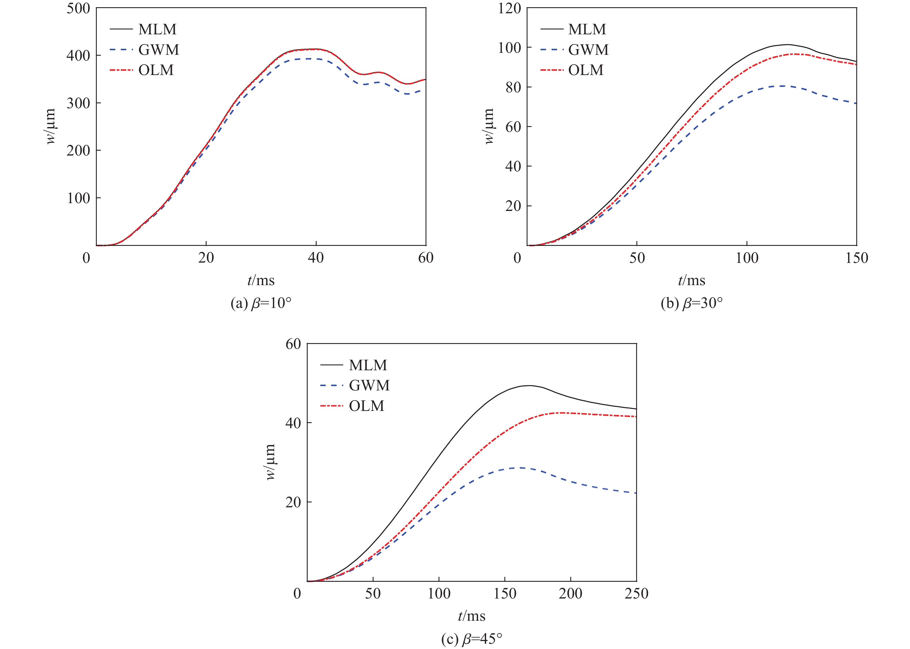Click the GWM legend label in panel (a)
click(x=158, y=50)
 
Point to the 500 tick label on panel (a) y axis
click(x=78, y=8)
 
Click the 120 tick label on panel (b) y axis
click(x=509, y=8)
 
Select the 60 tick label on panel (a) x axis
click(x=426, y=258)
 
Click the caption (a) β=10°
click(x=261, y=303)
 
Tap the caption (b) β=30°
click(x=692, y=303)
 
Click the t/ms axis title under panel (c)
click(x=471, y=616)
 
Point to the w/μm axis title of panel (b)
click(x=489, y=126)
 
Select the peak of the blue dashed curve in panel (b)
click(x=780, y=86)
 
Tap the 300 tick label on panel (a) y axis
click(x=78, y=103)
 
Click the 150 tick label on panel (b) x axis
click(x=856, y=258)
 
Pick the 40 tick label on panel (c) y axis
click(x=293, y=423)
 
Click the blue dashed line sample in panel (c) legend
click(x=332, y=385)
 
